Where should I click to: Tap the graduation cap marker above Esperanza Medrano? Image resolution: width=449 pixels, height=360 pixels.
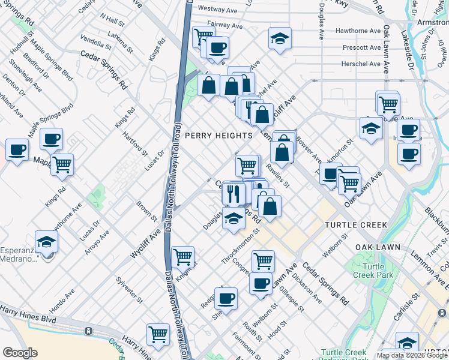[46, 242]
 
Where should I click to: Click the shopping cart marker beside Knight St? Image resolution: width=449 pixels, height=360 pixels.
[183, 257]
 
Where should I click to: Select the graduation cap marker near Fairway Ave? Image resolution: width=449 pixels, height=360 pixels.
[280, 38]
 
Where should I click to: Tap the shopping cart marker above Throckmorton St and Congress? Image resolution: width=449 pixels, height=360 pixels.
[263, 260]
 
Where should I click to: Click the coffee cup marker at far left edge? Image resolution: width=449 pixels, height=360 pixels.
[17, 149]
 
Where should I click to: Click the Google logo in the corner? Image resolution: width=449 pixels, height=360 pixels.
[20, 352]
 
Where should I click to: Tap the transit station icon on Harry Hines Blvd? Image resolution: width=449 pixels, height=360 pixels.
[88, 331]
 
